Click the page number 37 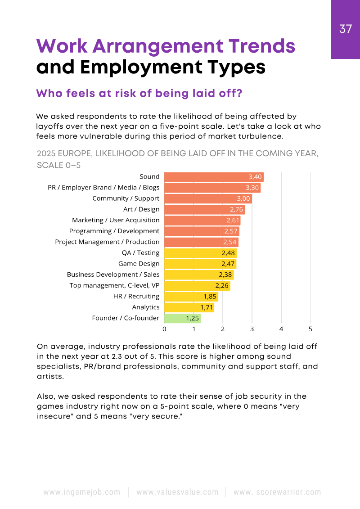[346, 29]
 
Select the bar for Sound [214, 177]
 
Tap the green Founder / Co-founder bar [182, 318]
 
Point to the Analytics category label [145, 307]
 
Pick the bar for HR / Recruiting [191, 296]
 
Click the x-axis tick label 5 [310, 329]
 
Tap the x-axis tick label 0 [164, 329]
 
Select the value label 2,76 [237, 209]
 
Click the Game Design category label [139, 264]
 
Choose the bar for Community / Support [208, 198]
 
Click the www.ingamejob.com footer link [82, 492]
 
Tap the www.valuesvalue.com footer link [177, 492]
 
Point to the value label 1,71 [207, 307]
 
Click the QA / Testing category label [140, 253]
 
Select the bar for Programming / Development [202, 231]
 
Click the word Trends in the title [252, 46]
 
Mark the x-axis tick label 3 [252, 329]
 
